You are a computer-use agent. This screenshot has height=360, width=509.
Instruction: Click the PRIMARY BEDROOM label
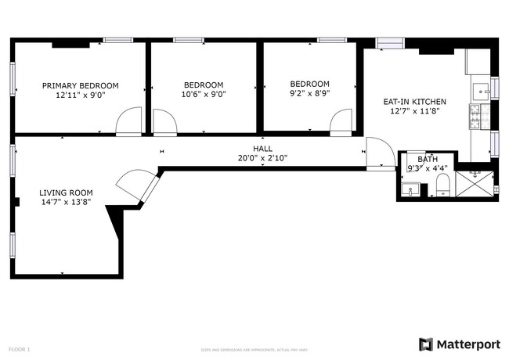pos(80,85)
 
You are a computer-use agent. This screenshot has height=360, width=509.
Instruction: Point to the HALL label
pos(262,148)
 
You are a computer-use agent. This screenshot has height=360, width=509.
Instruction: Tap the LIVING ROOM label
pos(66,192)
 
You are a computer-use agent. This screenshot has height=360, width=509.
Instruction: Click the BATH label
pos(417,159)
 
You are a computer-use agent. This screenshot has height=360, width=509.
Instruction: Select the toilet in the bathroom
pos(442,185)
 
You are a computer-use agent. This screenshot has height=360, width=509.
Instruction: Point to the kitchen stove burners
pos(475,117)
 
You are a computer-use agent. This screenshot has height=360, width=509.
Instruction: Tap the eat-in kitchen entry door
pos(380,153)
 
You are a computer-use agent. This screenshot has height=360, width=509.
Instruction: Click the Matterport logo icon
pos(426,344)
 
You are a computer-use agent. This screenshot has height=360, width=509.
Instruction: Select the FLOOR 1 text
pos(19,348)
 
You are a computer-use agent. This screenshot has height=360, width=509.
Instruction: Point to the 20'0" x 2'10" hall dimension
pos(262,157)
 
